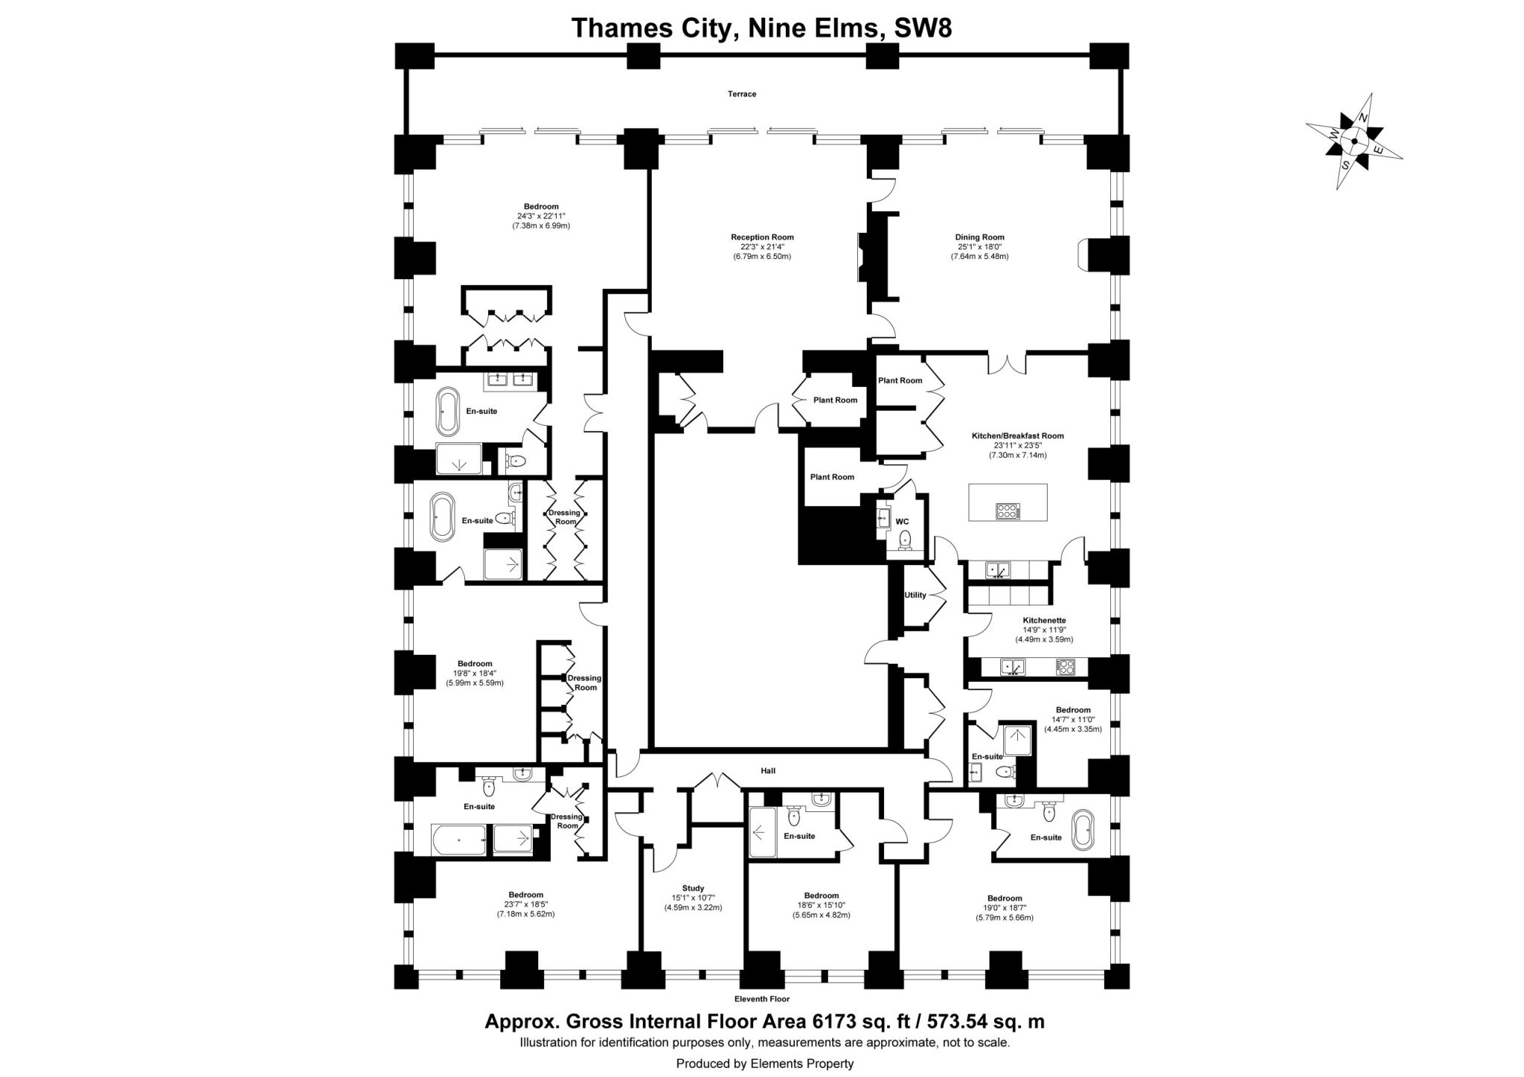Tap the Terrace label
point(742,95)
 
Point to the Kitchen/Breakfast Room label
point(1017,436)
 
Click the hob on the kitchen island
point(1008,511)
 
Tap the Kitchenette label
point(1044,620)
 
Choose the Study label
point(692,888)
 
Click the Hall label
point(768,770)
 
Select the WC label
point(902,522)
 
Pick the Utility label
point(915,595)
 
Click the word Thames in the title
point(615,28)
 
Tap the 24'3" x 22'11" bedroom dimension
point(540,217)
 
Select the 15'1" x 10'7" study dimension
point(692,898)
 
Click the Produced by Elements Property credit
point(764,1064)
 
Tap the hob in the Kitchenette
point(1065,668)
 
